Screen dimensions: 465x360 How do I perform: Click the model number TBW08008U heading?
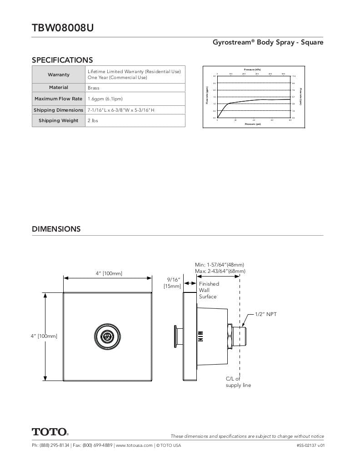tap(63, 28)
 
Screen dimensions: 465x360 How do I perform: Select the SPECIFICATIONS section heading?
tap(62, 60)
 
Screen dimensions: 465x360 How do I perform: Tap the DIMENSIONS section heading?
tap(56, 229)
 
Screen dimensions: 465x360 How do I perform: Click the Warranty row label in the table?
tap(59, 74)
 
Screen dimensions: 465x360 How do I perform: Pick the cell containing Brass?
tap(93, 88)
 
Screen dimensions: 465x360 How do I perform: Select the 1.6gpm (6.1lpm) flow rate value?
tap(105, 99)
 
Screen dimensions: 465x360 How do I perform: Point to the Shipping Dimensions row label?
tap(59, 110)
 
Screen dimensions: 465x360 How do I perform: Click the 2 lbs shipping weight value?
tap(93, 121)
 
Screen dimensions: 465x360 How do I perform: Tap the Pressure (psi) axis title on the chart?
tap(253, 124)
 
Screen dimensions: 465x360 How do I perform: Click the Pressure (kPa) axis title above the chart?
tap(253, 69)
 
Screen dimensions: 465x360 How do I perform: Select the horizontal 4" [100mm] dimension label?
tap(109, 273)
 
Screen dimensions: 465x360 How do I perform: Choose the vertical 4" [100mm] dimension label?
tap(44, 336)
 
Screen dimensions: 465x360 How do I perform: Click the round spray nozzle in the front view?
tap(107, 336)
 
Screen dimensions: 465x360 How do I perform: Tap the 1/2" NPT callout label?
tap(265, 314)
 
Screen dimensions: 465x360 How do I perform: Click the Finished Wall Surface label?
tap(209, 290)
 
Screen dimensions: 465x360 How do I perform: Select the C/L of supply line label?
tap(238, 382)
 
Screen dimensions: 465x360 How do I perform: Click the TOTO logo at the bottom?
tap(50, 431)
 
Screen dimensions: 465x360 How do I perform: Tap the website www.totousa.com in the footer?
tap(134, 445)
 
